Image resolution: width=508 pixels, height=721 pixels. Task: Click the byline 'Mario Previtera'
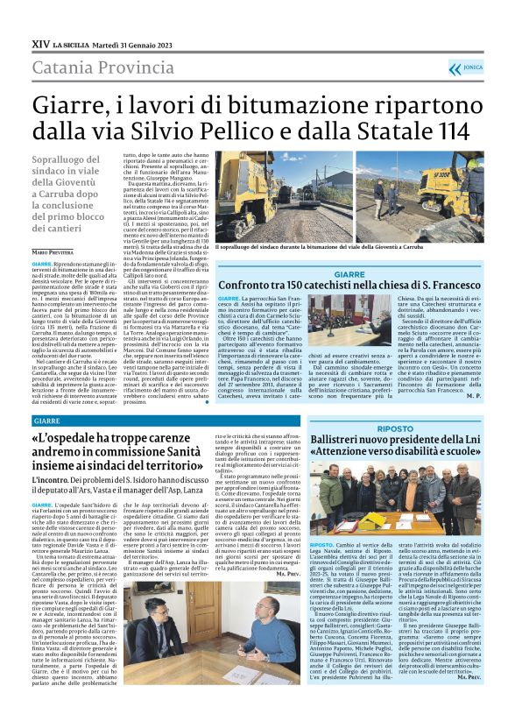[x=55, y=251]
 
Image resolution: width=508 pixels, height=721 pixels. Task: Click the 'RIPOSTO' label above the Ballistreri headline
[x=396, y=428]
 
